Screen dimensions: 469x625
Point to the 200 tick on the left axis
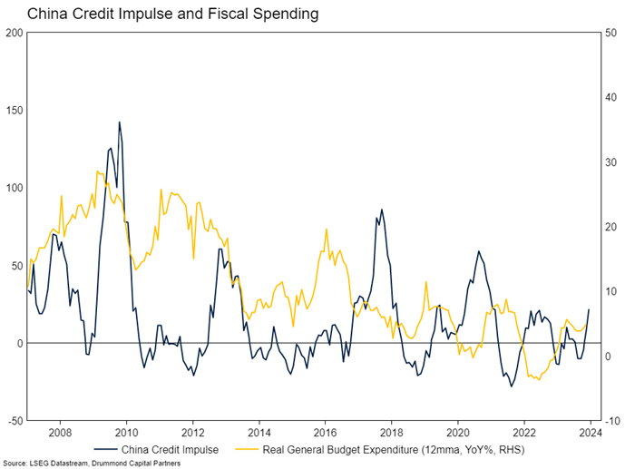point(14,33)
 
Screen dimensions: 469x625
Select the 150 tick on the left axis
point(14,111)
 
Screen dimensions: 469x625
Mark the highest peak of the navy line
point(119,122)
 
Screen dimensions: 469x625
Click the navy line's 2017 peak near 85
point(381,210)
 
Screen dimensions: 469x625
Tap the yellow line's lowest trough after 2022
point(539,379)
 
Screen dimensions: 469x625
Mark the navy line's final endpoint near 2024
point(590,310)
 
